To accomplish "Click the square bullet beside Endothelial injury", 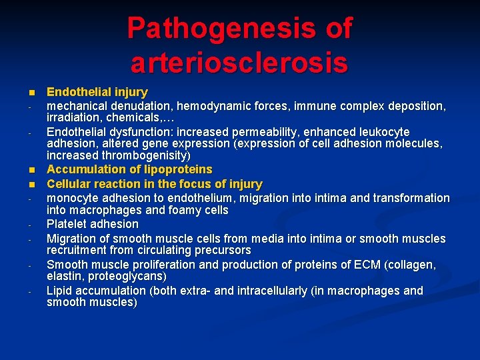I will tap(30, 93).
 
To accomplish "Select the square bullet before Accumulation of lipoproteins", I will tap(30, 170).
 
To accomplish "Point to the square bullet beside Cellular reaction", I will tap(30, 184).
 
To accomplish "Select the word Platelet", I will tap(67, 224).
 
